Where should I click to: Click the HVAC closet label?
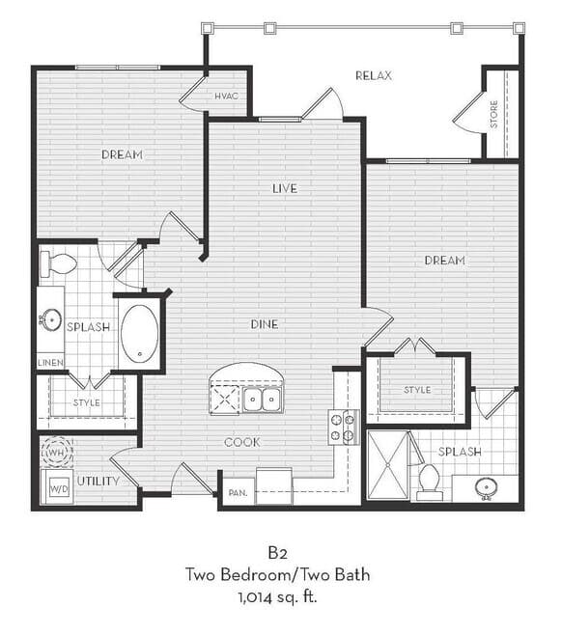pyautogui.click(x=226, y=97)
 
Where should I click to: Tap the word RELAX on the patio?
pyautogui.click(x=374, y=75)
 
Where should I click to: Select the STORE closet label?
pyautogui.click(x=494, y=115)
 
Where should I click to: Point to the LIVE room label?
pyautogui.click(x=285, y=188)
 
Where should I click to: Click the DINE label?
pyautogui.click(x=265, y=324)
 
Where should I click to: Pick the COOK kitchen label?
pyautogui.click(x=242, y=442)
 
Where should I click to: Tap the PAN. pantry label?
pyautogui.click(x=238, y=493)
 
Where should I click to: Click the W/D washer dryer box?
pyautogui.click(x=59, y=489)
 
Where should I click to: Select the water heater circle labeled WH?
pyautogui.click(x=57, y=453)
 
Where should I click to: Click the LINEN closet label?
pyautogui.click(x=50, y=363)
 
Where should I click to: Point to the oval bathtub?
pyautogui.click(x=140, y=334)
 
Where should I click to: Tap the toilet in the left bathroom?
pyautogui.click(x=58, y=264)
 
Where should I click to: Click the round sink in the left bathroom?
pyautogui.click(x=51, y=320)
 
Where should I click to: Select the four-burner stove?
pyautogui.click(x=343, y=428)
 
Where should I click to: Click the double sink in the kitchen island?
pyautogui.click(x=263, y=400)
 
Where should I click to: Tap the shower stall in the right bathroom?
pyautogui.click(x=388, y=466)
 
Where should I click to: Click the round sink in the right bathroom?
pyautogui.click(x=487, y=487)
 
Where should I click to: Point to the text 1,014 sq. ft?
pyautogui.click(x=277, y=597)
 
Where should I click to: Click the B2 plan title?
pyautogui.click(x=277, y=553)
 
